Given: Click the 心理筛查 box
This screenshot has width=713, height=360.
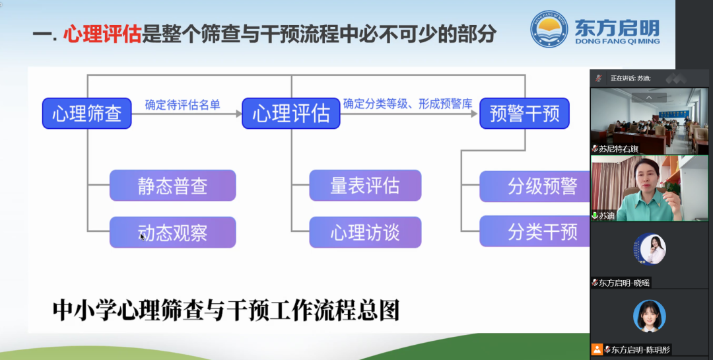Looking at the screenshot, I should coord(86,114).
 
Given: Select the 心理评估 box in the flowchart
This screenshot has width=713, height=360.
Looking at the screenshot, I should coord(291,114).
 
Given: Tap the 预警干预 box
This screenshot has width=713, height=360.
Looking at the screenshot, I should coord(524,114).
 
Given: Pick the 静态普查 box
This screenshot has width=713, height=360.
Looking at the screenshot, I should coord(172,186).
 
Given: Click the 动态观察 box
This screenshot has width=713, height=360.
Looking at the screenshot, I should coord(172,233).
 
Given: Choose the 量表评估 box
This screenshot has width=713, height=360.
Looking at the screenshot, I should coord(365,186).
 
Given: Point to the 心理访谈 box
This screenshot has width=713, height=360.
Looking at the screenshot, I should coord(365,233).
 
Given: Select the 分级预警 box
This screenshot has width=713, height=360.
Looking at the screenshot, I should coord(542,186).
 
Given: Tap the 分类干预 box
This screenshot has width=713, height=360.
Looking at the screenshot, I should coord(542,233).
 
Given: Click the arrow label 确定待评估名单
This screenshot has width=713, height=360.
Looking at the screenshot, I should coord(183,104).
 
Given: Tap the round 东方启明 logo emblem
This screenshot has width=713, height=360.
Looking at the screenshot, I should coord(549,30).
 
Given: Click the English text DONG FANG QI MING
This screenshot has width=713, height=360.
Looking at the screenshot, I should coord(617,42).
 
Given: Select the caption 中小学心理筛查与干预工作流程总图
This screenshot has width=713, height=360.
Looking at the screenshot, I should coord(226,310).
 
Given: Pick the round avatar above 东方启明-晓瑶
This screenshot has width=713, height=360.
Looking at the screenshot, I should coord(650,250).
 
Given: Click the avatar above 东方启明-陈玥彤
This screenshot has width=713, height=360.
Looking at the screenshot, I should coord(650,316).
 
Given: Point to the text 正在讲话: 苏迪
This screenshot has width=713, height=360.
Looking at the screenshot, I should coord(630,78).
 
